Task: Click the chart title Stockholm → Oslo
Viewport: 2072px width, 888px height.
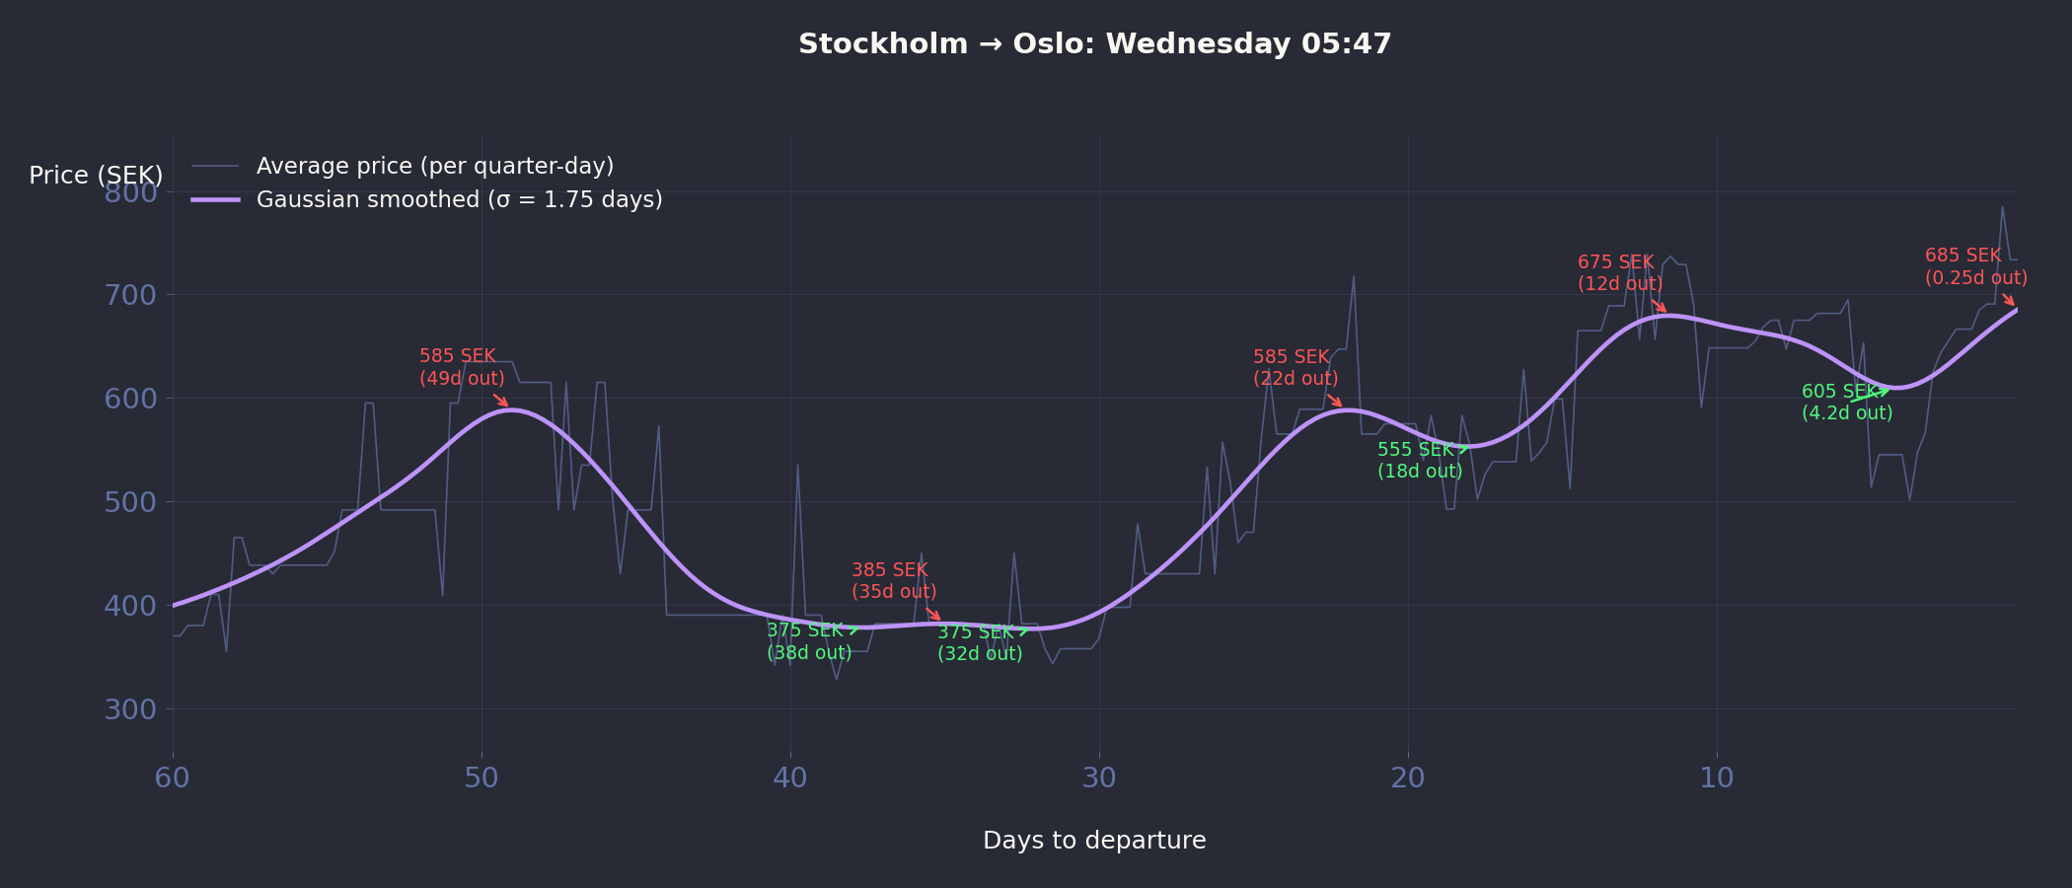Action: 1094,44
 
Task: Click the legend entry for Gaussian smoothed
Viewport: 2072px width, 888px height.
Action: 459,200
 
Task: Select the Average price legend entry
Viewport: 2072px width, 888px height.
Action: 434,166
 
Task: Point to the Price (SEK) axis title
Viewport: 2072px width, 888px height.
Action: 96,176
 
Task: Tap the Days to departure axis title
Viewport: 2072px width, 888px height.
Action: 1094,841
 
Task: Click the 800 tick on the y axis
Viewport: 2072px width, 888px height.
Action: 130,192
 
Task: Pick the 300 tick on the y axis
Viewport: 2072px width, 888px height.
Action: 130,709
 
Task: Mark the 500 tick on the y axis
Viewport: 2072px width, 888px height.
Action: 130,502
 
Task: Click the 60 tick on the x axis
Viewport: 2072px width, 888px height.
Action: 173,778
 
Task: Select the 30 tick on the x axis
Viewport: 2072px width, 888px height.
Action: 1099,778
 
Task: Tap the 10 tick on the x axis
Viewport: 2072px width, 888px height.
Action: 1717,778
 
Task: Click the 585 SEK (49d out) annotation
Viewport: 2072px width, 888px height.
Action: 462,367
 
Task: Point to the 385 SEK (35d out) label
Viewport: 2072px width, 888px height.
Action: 894,581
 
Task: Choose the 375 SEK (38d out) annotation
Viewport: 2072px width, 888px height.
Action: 809,641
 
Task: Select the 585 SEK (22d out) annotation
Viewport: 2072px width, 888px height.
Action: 1295,368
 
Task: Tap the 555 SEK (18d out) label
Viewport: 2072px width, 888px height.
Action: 1420,461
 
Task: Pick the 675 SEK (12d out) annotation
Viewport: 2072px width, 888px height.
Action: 1620,273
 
